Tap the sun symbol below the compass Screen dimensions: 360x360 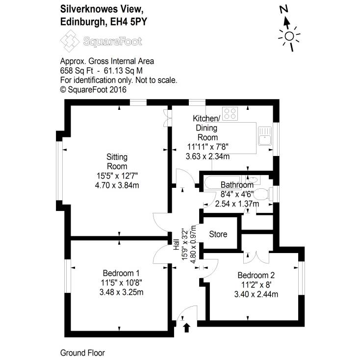289,36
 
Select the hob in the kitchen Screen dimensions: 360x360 230,114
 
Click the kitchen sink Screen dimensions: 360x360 265,133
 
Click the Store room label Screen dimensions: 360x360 218,234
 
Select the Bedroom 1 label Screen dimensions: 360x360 121,273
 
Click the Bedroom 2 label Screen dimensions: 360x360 256,275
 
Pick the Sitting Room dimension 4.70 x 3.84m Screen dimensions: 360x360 117,185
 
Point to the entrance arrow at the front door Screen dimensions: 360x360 186,327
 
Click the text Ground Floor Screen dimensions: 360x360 82,353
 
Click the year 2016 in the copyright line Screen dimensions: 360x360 118,89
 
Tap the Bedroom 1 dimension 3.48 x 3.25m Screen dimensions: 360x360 121,292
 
